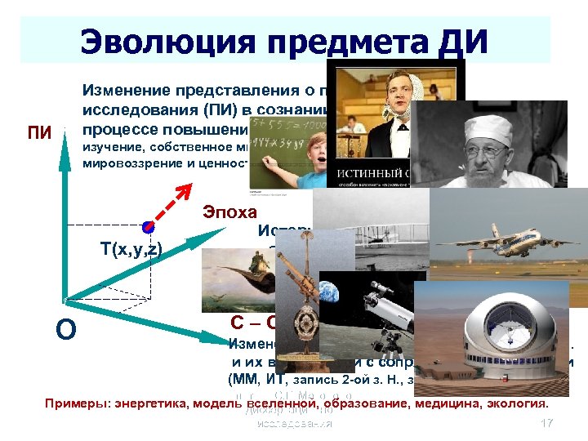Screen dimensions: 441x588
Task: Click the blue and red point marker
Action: coord(147,226)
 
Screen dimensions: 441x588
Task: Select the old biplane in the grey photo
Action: coord(367,220)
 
